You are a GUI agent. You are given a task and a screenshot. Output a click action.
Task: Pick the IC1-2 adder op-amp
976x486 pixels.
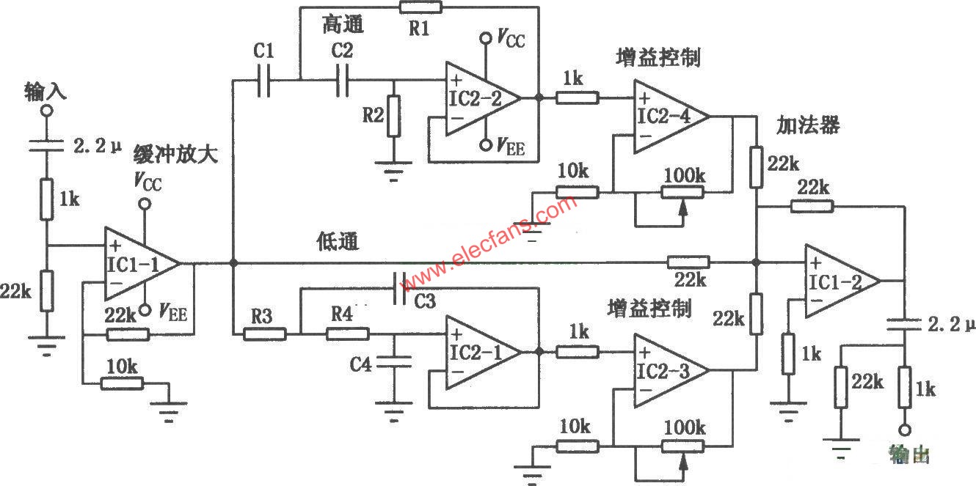840,281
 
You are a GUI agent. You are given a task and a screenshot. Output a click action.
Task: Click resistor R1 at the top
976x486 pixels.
421,7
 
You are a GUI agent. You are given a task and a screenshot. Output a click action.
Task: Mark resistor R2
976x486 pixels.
394,116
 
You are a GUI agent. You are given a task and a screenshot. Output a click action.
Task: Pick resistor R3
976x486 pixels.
264,334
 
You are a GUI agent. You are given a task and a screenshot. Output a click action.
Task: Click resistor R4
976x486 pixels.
347,334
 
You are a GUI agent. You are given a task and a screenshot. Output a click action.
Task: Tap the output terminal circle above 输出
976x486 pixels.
905,430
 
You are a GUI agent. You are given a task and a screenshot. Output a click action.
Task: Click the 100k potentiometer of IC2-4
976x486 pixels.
682,192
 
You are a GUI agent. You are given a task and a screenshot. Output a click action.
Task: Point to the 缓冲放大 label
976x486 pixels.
176,155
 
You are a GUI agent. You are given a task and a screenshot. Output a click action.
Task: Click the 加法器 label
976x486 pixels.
808,126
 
